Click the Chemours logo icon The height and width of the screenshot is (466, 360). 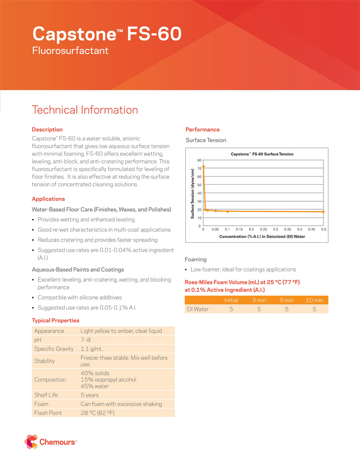[31, 441]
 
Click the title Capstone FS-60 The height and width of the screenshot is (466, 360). [107, 34]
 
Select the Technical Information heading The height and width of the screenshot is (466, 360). [85, 110]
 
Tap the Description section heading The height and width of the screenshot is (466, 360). [47, 130]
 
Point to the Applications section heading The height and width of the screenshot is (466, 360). [48, 199]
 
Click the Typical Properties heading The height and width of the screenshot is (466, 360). [55, 321]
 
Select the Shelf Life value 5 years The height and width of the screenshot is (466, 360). [90, 395]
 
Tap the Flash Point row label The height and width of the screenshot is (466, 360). [48, 413]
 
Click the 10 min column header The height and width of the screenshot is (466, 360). [314, 300]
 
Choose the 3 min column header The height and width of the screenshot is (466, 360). [259, 300]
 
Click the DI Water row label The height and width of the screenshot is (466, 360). [198, 309]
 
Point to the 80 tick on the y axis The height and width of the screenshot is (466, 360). [199, 160]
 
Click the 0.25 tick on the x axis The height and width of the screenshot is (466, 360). [264, 229]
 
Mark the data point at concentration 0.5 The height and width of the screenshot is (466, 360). [324, 212]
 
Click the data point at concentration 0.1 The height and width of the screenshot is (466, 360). [228, 211]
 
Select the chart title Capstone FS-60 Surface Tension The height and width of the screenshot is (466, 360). [262, 154]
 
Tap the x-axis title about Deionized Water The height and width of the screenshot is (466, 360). [262, 236]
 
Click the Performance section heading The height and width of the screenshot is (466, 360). [202, 130]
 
